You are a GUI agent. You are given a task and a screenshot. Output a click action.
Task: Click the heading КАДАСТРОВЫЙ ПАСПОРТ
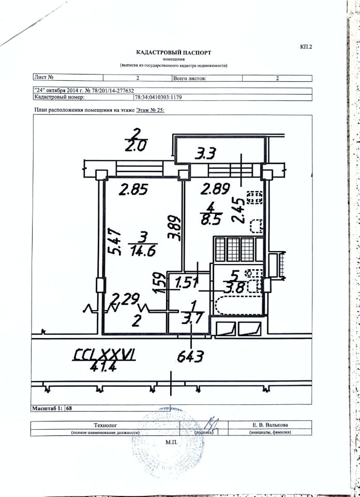174,52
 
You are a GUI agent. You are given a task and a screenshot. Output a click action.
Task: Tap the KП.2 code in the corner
306,47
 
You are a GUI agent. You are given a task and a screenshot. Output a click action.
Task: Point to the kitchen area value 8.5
212,218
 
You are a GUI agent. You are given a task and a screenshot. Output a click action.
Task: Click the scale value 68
69,408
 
